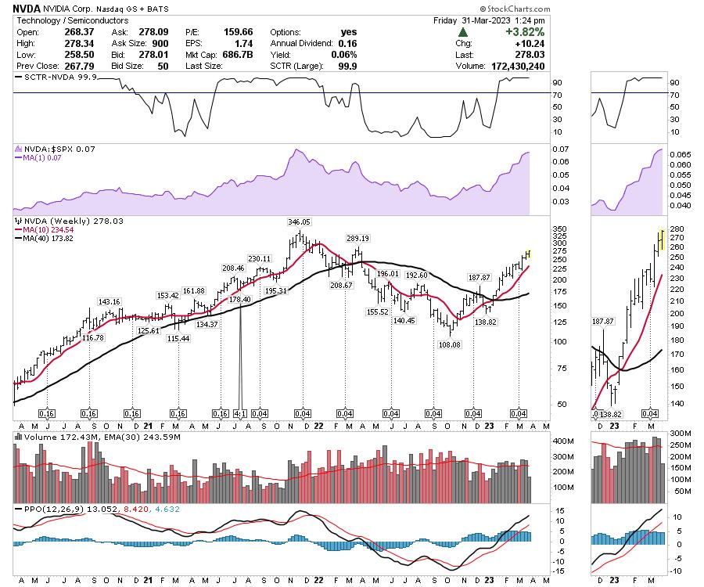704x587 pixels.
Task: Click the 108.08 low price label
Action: click(449, 344)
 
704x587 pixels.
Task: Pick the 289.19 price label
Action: click(358, 238)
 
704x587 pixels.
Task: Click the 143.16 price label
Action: click(109, 301)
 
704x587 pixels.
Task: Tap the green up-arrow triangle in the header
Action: click(463, 33)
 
